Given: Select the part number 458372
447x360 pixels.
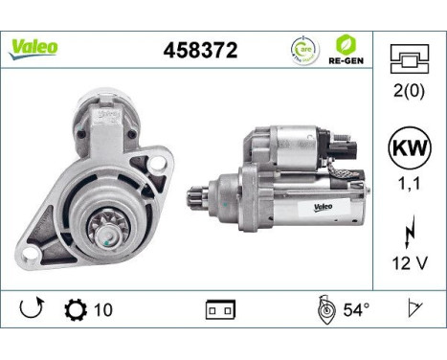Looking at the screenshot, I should coord(199,48).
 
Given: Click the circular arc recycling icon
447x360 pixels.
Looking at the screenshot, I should coord(303,49).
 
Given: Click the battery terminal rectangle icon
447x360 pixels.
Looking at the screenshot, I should coord(221,311).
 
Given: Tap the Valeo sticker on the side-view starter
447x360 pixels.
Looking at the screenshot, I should coord(321,205).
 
